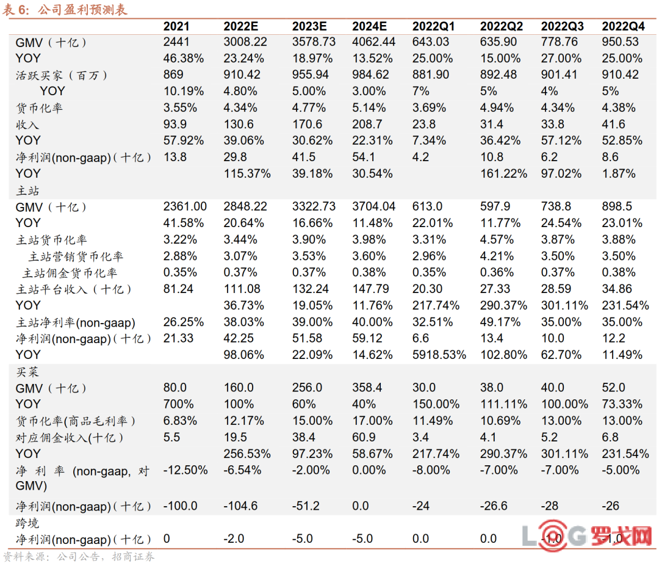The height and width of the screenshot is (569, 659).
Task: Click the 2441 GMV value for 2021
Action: [x=176, y=42]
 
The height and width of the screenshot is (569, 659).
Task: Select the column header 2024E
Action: [x=369, y=26]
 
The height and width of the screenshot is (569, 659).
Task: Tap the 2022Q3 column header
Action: [x=562, y=26]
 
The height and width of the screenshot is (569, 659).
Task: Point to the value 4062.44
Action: [x=373, y=42]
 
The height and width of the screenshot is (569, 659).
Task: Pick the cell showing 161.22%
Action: [x=503, y=173]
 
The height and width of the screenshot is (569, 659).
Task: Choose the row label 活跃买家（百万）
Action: [x=61, y=75]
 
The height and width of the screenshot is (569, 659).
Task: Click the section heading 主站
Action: [x=27, y=190]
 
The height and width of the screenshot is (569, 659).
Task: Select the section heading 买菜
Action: [x=27, y=372]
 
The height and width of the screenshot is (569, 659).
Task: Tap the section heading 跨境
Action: [x=27, y=523]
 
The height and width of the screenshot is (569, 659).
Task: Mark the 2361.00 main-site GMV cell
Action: [x=185, y=207]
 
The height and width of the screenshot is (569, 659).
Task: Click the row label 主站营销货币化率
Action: [x=76, y=256]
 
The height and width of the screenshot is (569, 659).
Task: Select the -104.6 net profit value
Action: [x=240, y=506]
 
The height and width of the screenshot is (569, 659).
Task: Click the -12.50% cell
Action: [x=185, y=470]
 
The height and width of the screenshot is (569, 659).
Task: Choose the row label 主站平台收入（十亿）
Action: [x=74, y=289]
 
